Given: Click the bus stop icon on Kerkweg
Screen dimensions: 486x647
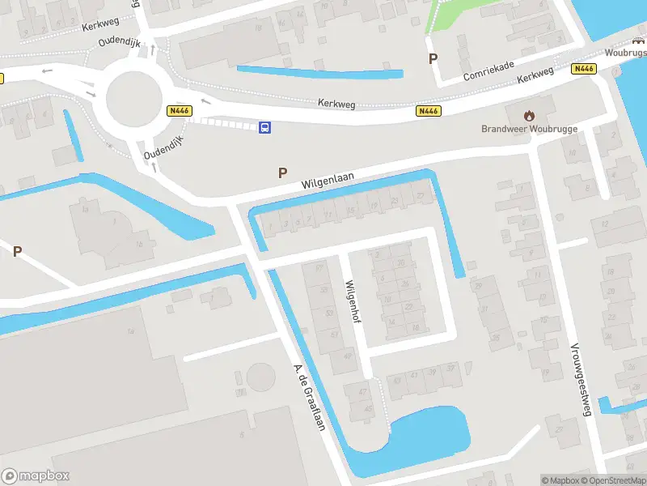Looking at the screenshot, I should (264, 127).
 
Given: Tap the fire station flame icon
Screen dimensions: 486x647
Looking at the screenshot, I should (530, 115).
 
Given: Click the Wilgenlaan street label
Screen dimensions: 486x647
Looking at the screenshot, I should (328, 179).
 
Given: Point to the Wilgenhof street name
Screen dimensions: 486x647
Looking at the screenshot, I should (352, 301).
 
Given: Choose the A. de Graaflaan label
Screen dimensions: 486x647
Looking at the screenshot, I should (308, 398).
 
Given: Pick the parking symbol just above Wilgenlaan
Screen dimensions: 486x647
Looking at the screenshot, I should (282, 172).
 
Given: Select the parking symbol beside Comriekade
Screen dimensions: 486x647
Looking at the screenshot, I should (433, 58).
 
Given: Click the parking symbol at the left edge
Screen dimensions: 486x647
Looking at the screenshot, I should (17, 251).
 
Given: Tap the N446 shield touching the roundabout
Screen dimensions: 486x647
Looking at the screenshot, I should (179, 110).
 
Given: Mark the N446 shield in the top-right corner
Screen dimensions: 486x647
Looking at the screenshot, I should (583, 69).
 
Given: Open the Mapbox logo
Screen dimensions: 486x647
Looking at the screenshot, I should (35, 476).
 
